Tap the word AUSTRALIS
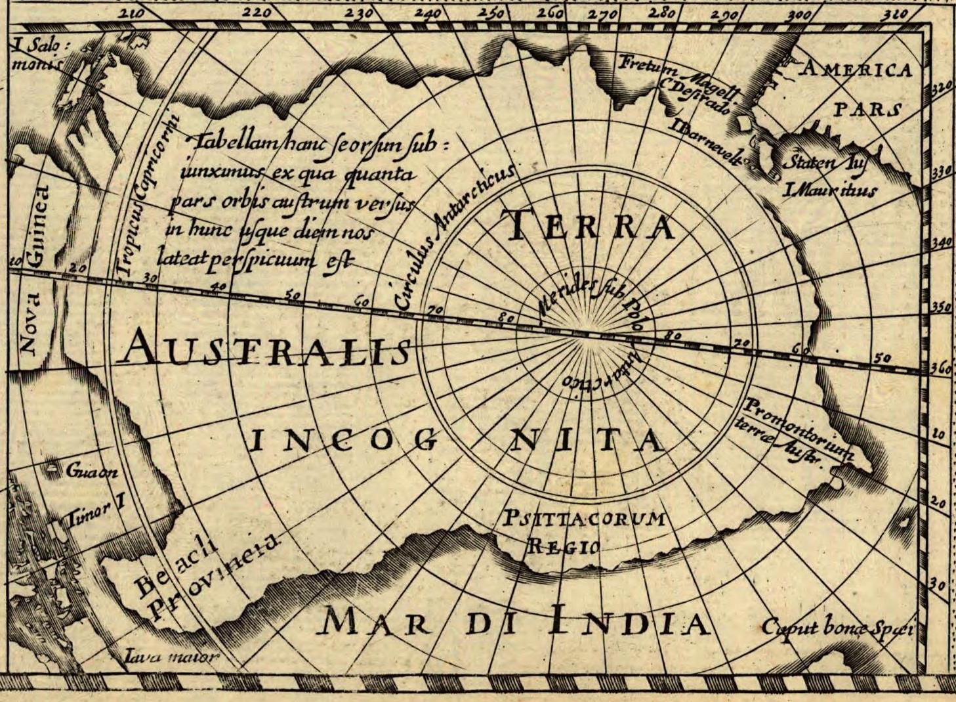(x=266, y=348)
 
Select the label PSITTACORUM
(x=583, y=519)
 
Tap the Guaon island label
(x=91, y=472)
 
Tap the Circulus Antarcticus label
(x=453, y=236)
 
